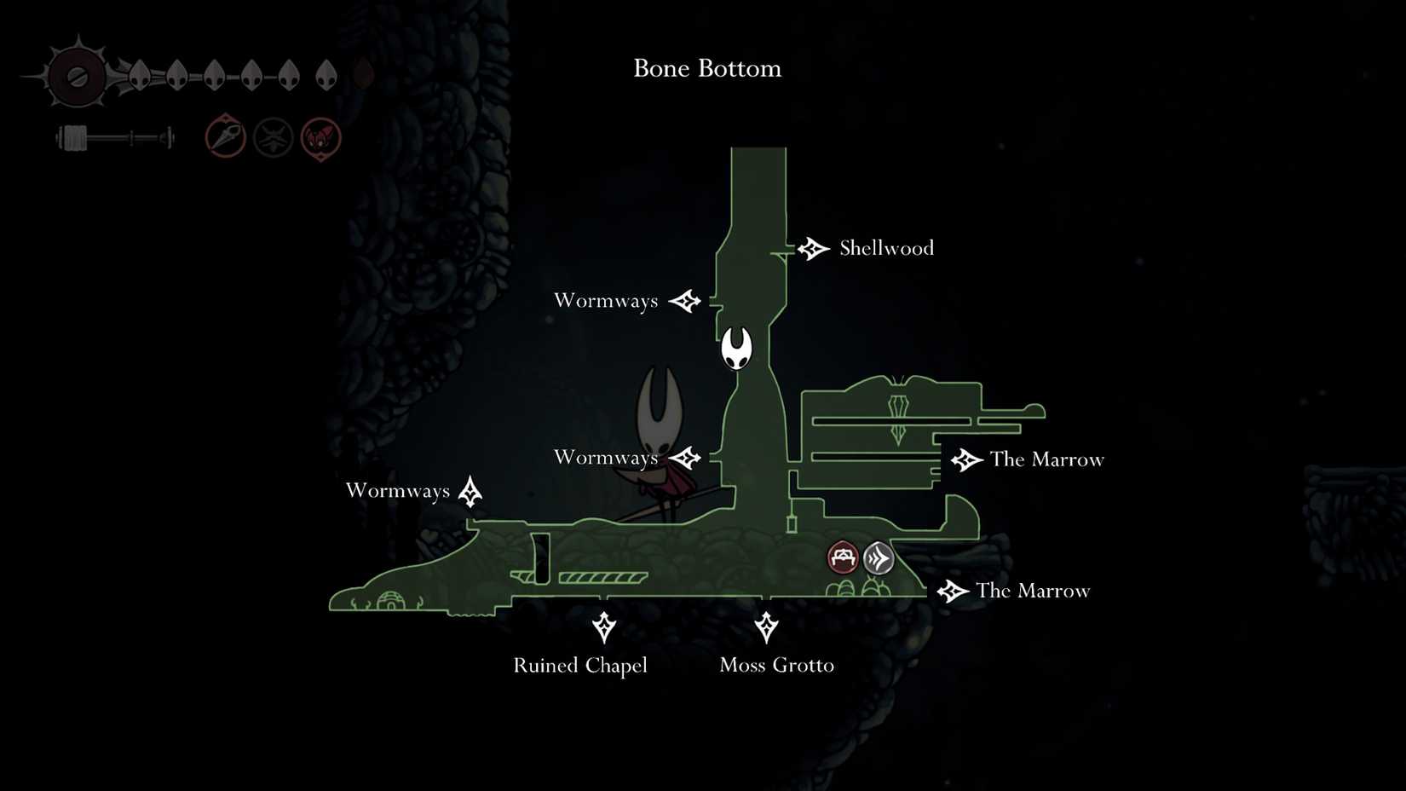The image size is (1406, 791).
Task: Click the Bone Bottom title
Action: click(x=707, y=68)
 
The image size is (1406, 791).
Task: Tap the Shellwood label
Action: click(x=886, y=248)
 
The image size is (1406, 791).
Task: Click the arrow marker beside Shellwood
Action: click(x=813, y=249)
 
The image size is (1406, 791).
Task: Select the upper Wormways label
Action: click(x=606, y=301)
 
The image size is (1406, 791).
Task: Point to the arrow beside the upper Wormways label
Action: click(x=685, y=301)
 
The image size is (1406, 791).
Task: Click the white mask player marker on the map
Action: click(x=737, y=348)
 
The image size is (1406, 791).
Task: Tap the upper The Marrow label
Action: click(x=1046, y=459)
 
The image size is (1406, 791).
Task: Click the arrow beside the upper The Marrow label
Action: click(x=966, y=460)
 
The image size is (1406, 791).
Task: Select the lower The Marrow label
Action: click(x=1033, y=591)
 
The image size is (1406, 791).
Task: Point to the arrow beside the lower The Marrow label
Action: click(x=952, y=591)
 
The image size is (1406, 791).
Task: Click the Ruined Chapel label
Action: click(x=580, y=665)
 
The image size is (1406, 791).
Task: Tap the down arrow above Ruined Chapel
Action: click(x=604, y=627)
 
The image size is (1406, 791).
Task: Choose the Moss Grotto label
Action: click(x=776, y=665)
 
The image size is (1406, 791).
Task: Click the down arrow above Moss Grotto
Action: click(x=766, y=627)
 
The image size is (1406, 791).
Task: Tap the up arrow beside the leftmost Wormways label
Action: click(x=470, y=492)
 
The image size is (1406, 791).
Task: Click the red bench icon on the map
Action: click(x=843, y=558)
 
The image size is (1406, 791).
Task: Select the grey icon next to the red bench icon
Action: click(x=879, y=559)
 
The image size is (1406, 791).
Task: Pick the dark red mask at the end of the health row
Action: click(x=363, y=75)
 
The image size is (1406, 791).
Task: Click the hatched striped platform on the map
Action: click(x=602, y=578)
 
